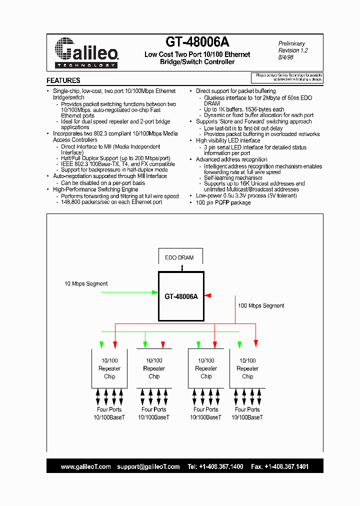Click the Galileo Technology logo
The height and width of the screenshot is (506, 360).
click(85, 52)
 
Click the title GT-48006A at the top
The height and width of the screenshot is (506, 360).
click(197, 42)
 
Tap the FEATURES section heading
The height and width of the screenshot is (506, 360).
click(63, 80)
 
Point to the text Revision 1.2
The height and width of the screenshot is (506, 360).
click(293, 50)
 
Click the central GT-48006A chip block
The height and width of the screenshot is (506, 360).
click(181, 296)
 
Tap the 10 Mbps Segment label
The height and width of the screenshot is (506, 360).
click(86, 284)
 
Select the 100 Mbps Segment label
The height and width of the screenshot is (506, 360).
click(261, 305)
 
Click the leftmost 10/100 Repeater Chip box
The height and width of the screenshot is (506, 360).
click(109, 368)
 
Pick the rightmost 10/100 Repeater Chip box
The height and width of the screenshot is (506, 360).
click(247, 368)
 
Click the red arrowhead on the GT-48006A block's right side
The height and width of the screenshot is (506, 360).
click(208, 296)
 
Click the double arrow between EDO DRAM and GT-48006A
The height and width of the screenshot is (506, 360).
click(182, 268)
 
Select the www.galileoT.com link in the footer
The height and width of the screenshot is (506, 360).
click(85, 466)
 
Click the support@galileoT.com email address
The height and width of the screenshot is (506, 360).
click(148, 466)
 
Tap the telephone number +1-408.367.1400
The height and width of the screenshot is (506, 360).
click(221, 466)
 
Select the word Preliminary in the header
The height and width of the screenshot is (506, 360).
click(292, 43)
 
